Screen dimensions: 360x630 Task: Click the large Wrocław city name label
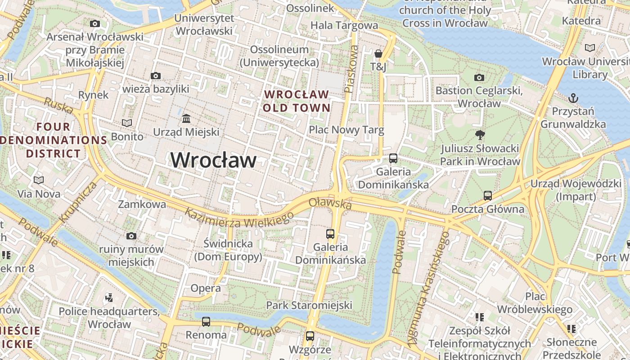coord(213,160)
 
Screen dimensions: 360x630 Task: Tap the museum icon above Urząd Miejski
coord(186,119)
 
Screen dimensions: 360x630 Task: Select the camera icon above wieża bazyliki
coord(156,76)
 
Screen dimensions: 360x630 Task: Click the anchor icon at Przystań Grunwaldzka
coord(573,98)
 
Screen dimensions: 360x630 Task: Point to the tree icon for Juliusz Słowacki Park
coord(480,135)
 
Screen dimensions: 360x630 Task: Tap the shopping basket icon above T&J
coord(378,54)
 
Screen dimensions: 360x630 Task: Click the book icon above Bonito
coord(127,123)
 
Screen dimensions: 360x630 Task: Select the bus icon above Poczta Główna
coord(488,196)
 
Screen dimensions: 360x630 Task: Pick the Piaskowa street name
coord(351,69)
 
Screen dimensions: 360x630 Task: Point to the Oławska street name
coord(330,203)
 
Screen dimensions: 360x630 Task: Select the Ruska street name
coord(58,105)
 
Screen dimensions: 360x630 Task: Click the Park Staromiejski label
coord(309,306)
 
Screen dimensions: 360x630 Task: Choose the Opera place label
coord(205,288)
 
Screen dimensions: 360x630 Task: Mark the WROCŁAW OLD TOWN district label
coord(297,101)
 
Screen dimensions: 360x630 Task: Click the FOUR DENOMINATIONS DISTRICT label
coord(53,140)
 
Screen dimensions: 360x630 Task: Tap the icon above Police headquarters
coord(109,297)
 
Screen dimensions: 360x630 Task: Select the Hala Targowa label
coord(344,25)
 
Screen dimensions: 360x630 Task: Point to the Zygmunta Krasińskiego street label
coord(428,288)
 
